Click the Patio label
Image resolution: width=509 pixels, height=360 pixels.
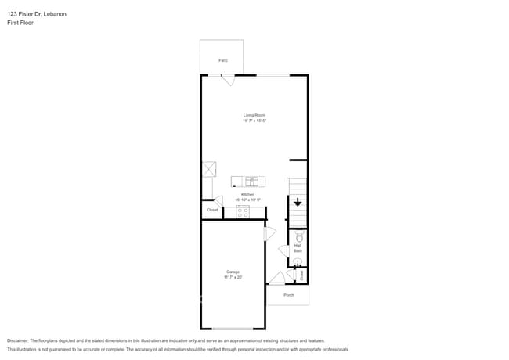pyautogui.click(x=223, y=60)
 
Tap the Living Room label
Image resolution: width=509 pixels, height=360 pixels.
pyautogui.click(x=254, y=115)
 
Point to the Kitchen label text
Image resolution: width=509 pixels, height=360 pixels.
pyautogui.click(x=247, y=194)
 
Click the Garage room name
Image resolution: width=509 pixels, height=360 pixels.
pyautogui.click(x=233, y=272)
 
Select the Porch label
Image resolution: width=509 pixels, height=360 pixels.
pyautogui.click(x=289, y=295)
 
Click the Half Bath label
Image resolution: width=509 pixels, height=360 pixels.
pyautogui.click(x=298, y=248)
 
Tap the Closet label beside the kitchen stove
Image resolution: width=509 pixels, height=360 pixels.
pyautogui.click(x=212, y=210)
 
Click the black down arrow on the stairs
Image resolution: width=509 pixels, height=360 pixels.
pyautogui.click(x=298, y=202)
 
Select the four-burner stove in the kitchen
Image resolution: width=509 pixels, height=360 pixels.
pyautogui.click(x=242, y=211)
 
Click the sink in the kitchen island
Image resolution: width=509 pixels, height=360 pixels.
pyautogui.click(x=252, y=181)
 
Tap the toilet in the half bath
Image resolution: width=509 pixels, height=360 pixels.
pyautogui.click(x=298, y=236)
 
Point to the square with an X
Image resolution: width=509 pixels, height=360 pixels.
pyautogui.click(x=208, y=169)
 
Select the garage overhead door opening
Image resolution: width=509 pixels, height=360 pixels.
pyautogui.click(x=233, y=328)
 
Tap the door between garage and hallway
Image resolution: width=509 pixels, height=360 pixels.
pyautogui.click(x=270, y=233)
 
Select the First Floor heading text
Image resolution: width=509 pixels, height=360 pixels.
pyautogui.click(x=20, y=23)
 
